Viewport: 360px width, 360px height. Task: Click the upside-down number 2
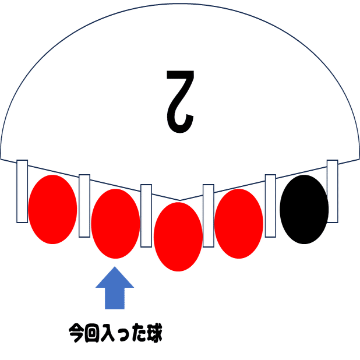coord(179,99)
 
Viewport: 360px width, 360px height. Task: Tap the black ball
coord(303,209)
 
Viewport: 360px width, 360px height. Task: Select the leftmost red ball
coord(53,209)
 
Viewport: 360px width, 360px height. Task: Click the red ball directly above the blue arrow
coord(115,223)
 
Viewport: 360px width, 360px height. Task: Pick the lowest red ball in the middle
coord(178,237)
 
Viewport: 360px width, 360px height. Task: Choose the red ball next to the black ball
coord(239,223)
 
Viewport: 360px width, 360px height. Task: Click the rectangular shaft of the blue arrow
coord(115,299)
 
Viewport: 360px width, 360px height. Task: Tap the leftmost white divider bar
coord(22,191)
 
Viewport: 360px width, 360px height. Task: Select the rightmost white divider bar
coord(333,191)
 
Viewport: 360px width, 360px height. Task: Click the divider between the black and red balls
coord(270,206)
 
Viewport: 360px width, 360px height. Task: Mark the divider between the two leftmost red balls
coord(84,206)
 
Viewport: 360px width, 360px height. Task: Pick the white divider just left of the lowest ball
coord(146,216)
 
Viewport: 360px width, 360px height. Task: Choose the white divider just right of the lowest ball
coord(209,216)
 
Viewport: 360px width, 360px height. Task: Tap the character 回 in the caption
coord(92,334)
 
